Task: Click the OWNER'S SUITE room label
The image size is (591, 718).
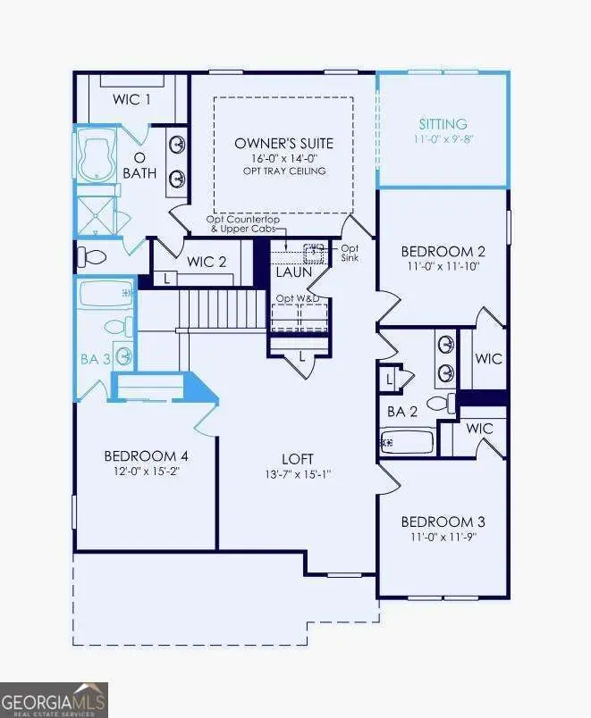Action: click(x=283, y=143)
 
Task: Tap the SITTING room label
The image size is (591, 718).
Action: click(x=443, y=124)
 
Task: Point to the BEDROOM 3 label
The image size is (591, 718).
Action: click(x=442, y=522)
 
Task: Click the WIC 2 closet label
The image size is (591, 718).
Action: click(x=207, y=261)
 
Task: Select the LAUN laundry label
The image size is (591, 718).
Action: click(x=292, y=271)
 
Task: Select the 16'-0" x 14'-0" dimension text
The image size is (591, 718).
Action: click(x=283, y=158)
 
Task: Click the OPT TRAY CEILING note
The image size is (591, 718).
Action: click(x=283, y=171)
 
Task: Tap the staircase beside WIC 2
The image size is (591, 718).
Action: click(x=223, y=309)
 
